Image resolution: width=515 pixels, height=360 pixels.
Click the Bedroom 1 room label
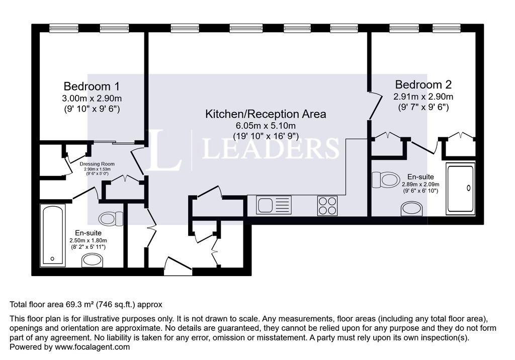[92, 86]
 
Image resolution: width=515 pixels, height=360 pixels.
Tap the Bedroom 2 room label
[423, 85]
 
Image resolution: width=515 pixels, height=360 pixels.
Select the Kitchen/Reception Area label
[266, 114]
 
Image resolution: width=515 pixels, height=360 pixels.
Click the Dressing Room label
[97, 164]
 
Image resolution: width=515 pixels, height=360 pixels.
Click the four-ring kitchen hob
[327, 206]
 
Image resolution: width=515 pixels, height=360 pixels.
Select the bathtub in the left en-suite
[52, 234]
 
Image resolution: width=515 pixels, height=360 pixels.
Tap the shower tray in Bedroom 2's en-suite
[461, 189]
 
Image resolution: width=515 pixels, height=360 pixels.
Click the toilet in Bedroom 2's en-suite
[386, 179]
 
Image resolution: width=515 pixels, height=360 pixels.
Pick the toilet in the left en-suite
[111, 219]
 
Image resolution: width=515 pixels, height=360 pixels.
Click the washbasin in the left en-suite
[93, 260]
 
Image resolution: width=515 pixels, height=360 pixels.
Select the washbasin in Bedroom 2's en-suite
[411, 209]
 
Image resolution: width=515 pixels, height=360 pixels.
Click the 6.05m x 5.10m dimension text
[266, 126]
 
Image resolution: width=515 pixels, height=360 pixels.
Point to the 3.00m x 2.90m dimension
[92, 98]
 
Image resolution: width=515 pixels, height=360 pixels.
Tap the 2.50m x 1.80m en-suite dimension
[88, 240]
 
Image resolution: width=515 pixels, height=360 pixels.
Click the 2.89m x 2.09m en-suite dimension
[420, 184]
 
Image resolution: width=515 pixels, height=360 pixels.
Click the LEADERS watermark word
[270, 148]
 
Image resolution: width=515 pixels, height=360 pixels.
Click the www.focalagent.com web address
[93, 347]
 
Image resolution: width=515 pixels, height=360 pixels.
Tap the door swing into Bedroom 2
[375, 106]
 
